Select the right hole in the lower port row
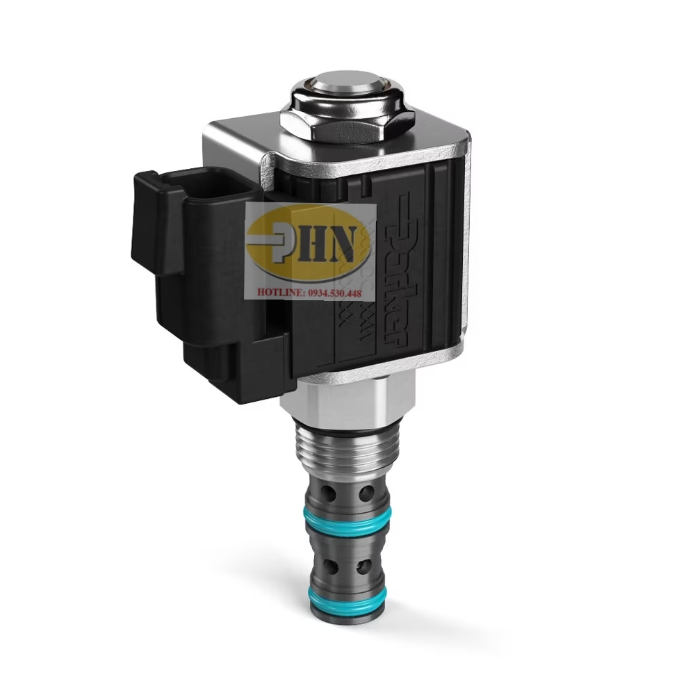click(364, 567)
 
